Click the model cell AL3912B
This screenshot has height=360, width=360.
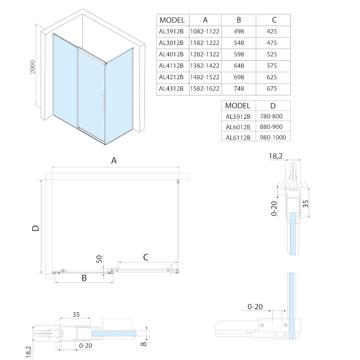[x=171, y=31]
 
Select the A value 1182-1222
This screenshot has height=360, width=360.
[x=205, y=43]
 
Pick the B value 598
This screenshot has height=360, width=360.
[x=239, y=54]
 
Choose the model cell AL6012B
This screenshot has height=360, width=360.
[x=238, y=127]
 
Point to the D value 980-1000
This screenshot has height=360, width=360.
[x=273, y=138]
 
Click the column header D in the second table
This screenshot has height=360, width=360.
[x=273, y=106]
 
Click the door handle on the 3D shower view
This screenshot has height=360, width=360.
[x=103, y=102]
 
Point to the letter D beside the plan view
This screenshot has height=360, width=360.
[x=36, y=228]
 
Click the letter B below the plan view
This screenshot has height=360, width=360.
[x=84, y=279]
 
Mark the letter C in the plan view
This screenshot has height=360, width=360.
[x=146, y=257]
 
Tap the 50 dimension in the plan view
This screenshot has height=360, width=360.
[x=100, y=260]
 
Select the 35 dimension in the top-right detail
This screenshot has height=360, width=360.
[x=306, y=203]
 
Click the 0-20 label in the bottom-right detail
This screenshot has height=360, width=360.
[x=255, y=307]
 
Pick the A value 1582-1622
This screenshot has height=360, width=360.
[x=205, y=89]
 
